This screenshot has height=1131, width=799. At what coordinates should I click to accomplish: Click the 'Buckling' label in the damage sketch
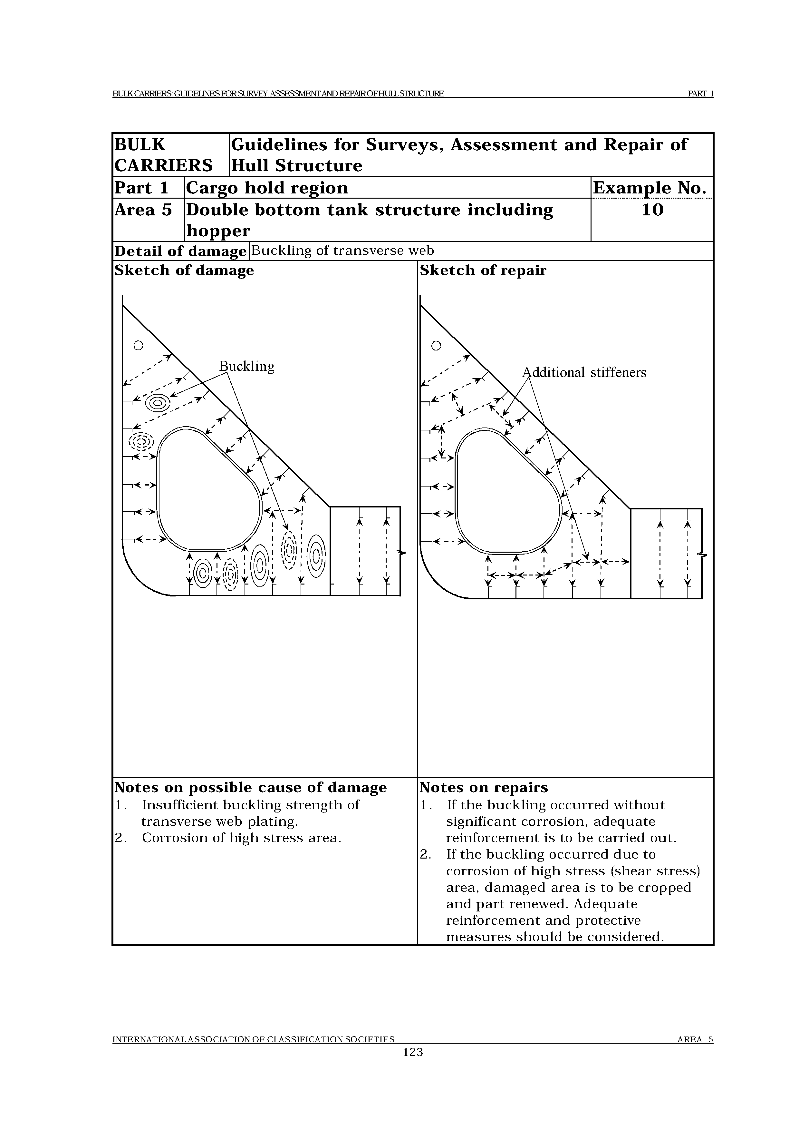point(247,367)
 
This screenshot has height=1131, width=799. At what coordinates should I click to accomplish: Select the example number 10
point(652,210)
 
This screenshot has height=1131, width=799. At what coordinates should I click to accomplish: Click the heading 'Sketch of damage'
point(184,270)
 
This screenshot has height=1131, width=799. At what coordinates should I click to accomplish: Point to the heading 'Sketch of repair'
point(483,270)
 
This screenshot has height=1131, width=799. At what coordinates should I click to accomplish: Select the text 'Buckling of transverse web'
point(343,251)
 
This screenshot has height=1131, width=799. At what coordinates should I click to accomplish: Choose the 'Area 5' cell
point(143,210)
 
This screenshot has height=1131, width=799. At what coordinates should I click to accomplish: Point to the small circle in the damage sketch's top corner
point(139,346)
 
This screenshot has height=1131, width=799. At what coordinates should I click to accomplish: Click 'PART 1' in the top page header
point(700,93)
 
